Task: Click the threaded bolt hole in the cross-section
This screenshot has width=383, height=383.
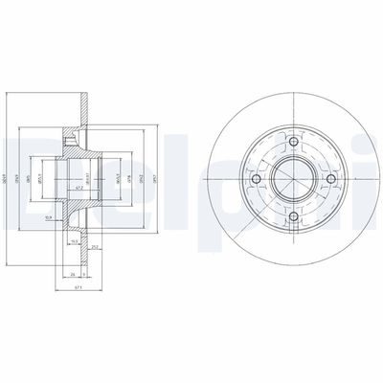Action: [x=73, y=144]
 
